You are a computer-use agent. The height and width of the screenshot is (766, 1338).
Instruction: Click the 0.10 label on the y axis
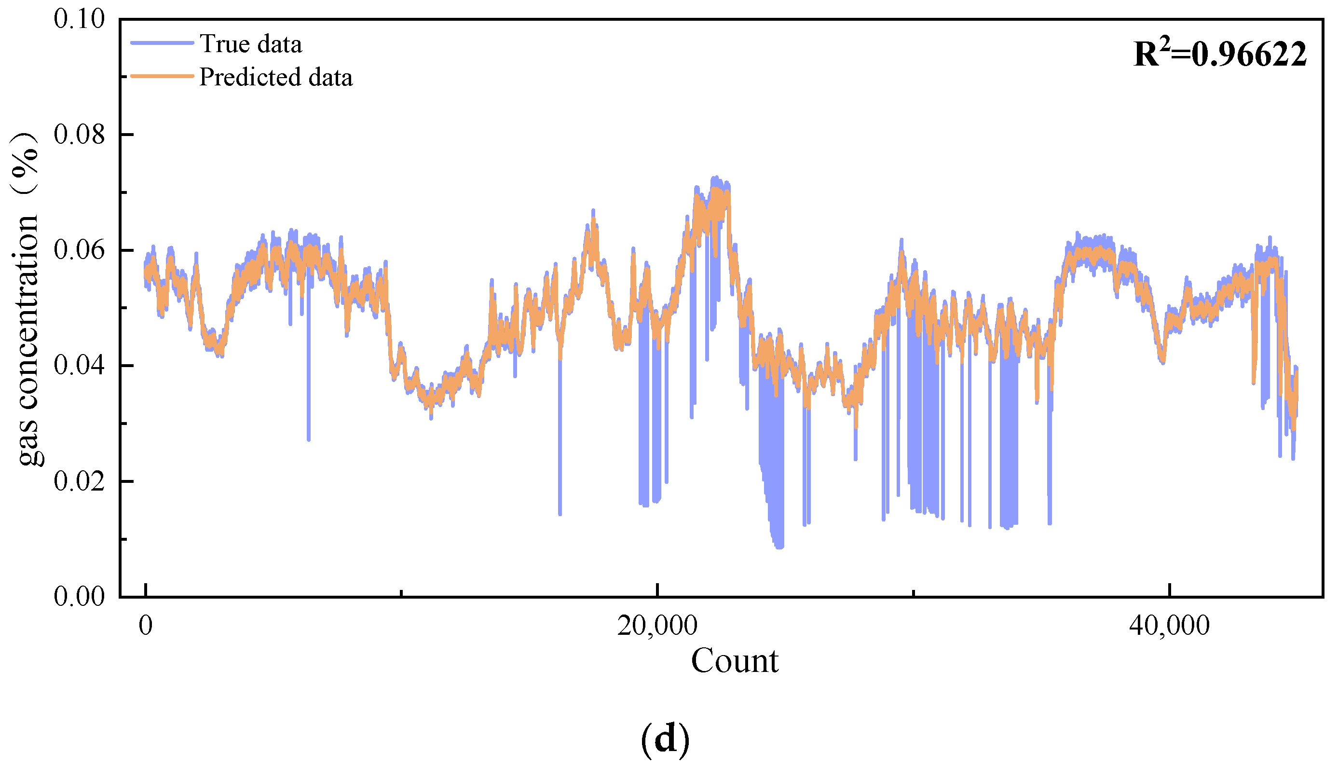tap(79, 19)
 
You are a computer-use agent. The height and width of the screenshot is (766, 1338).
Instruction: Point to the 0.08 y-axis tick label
tap(79, 135)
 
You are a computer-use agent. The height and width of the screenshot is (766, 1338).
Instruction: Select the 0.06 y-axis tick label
tap(79, 250)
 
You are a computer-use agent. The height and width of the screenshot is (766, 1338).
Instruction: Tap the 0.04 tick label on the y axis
tap(79, 366)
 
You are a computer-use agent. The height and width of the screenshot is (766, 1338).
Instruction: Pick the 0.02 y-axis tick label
tap(79, 481)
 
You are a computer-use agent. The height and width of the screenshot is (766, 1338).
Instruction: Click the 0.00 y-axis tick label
tap(79, 597)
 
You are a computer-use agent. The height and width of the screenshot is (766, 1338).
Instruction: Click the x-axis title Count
tap(734, 661)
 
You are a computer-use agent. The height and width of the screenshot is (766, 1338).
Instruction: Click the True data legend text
tap(250, 44)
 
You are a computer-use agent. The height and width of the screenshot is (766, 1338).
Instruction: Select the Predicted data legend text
tap(275, 77)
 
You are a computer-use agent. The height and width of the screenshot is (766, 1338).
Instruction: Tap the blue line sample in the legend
tap(162, 43)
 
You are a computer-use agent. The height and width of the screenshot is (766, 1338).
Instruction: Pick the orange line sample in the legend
tap(162, 76)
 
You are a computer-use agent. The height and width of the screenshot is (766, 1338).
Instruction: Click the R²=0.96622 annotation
tap(1220, 54)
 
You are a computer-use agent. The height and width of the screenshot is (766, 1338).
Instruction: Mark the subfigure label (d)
tap(665, 739)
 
